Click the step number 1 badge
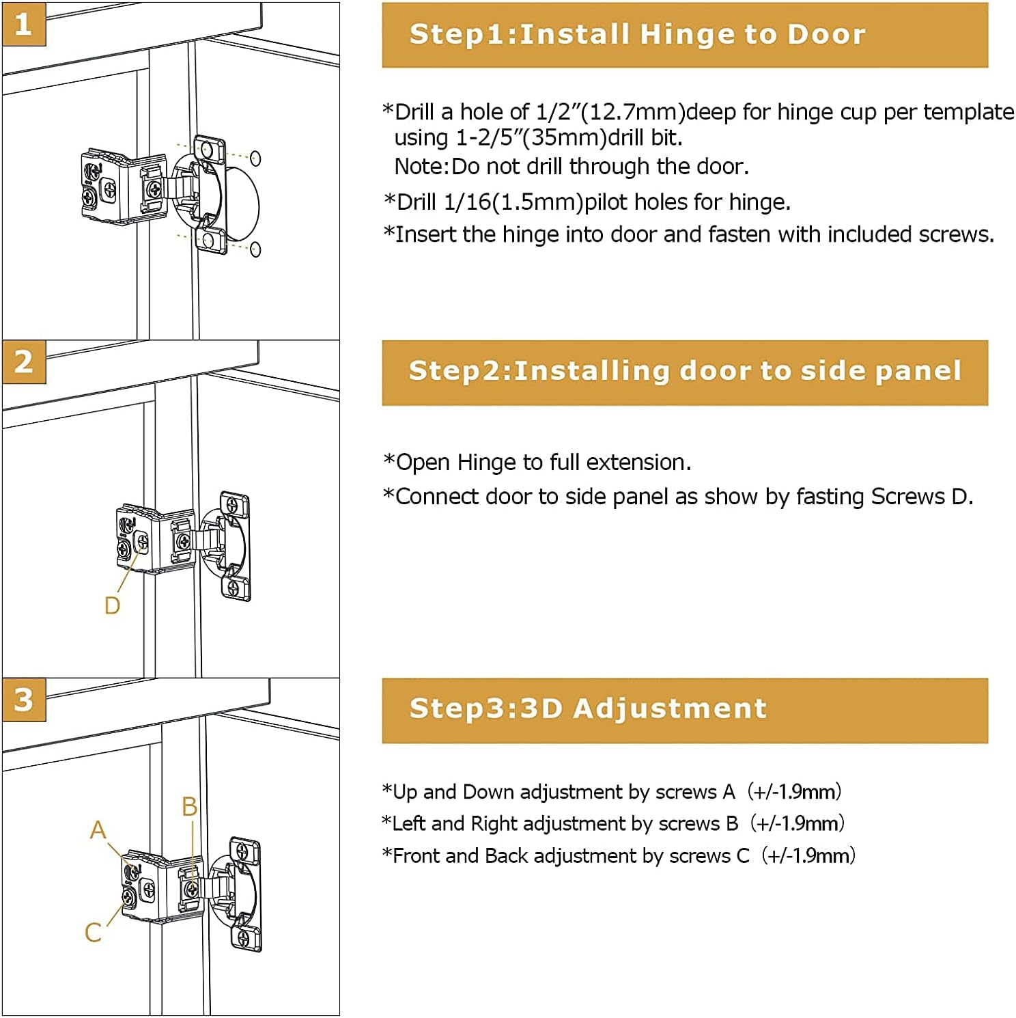pyautogui.click(x=24, y=24)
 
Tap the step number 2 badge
pyautogui.click(x=24, y=361)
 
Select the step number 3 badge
pyautogui.click(x=24, y=700)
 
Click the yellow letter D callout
pyautogui.click(x=112, y=605)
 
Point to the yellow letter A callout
pyautogui.click(x=98, y=829)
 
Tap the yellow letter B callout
pyautogui.click(x=189, y=807)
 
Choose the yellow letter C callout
pyautogui.click(x=93, y=932)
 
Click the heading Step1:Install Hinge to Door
pyautogui.click(x=637, y=34)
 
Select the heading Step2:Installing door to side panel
pyautogui.click(x=684, y=371)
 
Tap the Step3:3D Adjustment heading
pyautogui.click(x=588, y=709)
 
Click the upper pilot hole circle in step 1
pyautogui.click(x=255, y=159)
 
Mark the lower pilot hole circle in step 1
pyautogui.click(x=255, y=249)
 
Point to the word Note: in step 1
pyautogui.click(x=422, y=167)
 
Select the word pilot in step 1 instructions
pyautogui.click(x=607, y=202)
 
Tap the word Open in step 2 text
pyautogui.click(x=423, y=463)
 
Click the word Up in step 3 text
pyautogui.click(x=405, y=792)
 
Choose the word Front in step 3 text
pyautogui.click(x=418, y=856)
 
